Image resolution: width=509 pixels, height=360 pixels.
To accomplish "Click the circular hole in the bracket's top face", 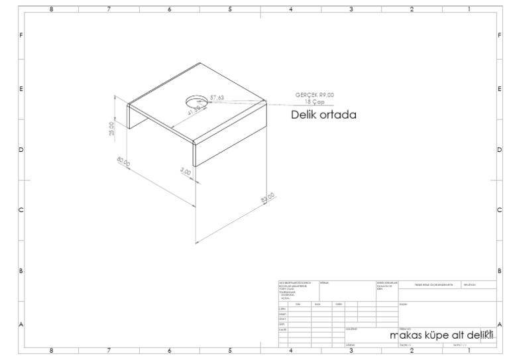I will point(195,102).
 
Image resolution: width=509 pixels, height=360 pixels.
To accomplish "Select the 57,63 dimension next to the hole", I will point(217,98).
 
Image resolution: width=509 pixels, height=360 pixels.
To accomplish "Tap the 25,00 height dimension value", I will point(112,128).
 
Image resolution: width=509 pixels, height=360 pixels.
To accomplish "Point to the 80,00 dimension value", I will point(123,163).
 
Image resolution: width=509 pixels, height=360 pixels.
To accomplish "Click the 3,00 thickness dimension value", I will point(186,172).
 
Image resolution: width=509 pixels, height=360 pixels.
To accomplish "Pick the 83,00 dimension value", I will point(266,198).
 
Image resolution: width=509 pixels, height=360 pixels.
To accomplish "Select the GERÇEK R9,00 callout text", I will point(314,95).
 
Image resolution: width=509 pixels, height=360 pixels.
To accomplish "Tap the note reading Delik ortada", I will point(324,115).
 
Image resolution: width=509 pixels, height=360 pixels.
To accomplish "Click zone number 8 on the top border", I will point(52,9).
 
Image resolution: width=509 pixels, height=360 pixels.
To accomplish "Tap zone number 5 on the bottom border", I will point(230,350).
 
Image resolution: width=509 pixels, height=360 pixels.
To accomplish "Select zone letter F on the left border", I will point(22,34).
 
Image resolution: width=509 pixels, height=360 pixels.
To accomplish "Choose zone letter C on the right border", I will point(498,210).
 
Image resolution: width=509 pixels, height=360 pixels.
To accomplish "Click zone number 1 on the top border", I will point(469,9).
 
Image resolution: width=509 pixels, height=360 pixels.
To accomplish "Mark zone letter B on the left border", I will point(22,271).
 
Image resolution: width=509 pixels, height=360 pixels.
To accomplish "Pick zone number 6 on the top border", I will point(170,9).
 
